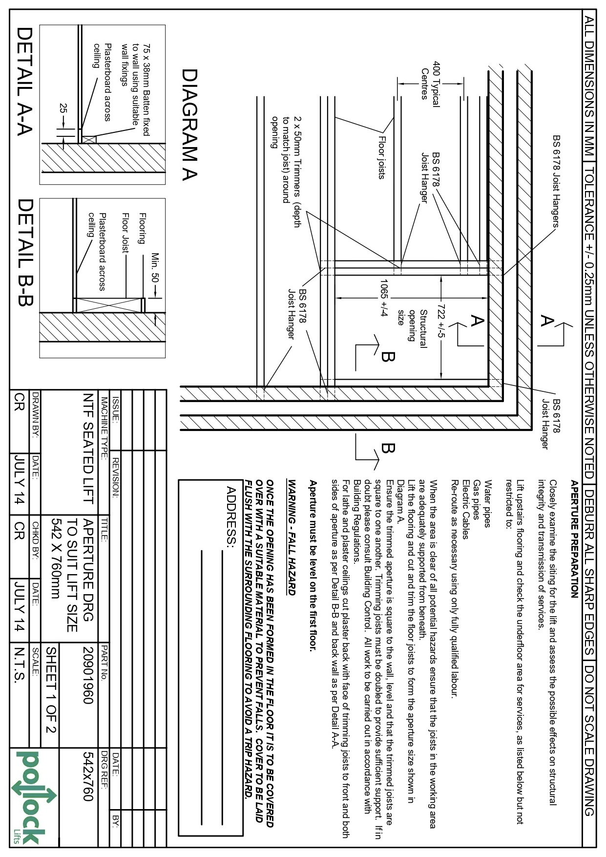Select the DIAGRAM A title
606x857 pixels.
pos(190,125)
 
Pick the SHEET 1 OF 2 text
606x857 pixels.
pos(51,689)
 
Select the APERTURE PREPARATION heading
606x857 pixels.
pos(574,539)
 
